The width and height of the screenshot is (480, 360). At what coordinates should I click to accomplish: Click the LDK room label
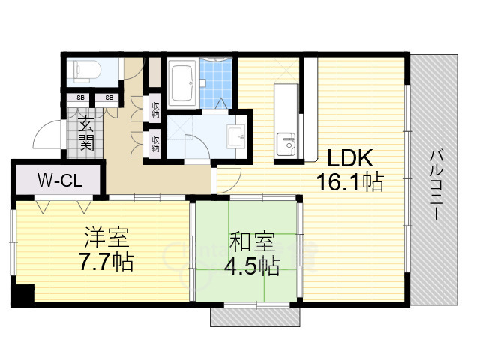[350, 158]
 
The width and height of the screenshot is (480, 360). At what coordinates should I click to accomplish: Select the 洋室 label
[106, 237]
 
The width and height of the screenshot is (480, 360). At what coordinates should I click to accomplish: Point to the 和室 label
[252, 241]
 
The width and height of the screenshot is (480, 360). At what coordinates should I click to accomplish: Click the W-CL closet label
[60, 180]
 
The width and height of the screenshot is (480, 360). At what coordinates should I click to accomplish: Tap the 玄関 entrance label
[85, 134]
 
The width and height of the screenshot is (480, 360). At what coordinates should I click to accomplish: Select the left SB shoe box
[80, 97]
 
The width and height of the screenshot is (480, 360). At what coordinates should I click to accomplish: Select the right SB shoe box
[109, 97]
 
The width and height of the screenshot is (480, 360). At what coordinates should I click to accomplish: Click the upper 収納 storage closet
[155, 110]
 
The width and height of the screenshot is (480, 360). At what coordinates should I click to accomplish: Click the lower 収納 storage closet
[155, 144]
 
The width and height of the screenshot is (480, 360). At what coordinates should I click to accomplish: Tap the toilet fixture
[83, 70]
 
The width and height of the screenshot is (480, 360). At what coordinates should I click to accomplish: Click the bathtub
[183, 82]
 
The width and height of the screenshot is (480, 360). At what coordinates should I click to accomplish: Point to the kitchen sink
[286, 145]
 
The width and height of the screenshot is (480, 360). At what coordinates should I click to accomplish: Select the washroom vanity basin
[236, 136]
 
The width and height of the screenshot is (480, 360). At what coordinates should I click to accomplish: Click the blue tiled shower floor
[216, 83]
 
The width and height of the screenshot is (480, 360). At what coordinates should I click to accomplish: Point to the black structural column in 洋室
[22, 295]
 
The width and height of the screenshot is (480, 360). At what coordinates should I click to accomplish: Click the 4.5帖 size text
[252, 266]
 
